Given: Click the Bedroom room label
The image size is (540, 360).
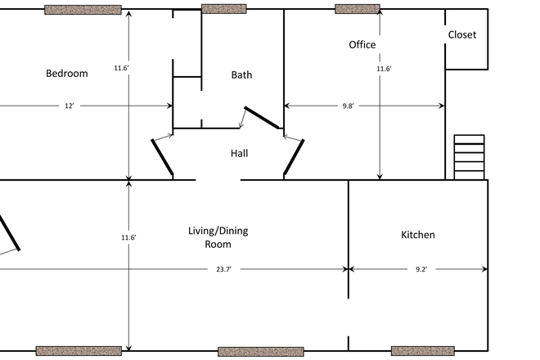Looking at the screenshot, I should tap(66, 74).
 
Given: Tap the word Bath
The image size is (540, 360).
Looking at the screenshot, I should tap(241, 74).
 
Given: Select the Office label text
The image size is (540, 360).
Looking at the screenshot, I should tap(362, 45).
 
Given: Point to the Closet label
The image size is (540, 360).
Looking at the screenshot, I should tap(462, 35).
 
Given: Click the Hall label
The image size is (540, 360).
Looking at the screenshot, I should tap(239, 153).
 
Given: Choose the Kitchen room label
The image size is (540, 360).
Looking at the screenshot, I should tap(417, 235).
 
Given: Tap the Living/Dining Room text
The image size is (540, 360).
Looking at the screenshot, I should tap(218, 237).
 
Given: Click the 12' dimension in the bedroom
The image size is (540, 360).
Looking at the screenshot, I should tap(70, 106).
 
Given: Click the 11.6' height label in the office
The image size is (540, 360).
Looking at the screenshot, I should tap(384, 70).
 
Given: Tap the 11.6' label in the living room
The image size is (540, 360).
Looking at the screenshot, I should tap(128, 237).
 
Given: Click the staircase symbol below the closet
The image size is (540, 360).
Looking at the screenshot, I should tap(469, 156).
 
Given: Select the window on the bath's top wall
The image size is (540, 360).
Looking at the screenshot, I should tap(223, 9).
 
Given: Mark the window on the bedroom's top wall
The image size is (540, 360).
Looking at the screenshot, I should tap(83, 10).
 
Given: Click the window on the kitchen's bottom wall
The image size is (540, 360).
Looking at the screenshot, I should tap(422, 351).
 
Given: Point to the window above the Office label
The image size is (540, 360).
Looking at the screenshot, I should tap(358, 9).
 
